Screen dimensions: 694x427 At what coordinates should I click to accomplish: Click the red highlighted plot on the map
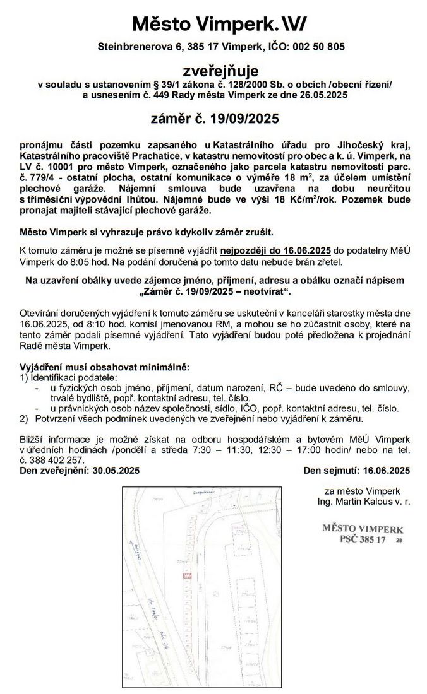(186, 575)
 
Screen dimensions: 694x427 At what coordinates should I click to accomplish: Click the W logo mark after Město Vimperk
(294, 24)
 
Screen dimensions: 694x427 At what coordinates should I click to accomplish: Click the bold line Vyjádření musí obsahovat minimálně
(104, 367)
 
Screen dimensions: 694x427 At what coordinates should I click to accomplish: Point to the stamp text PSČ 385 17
(362, 539)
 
